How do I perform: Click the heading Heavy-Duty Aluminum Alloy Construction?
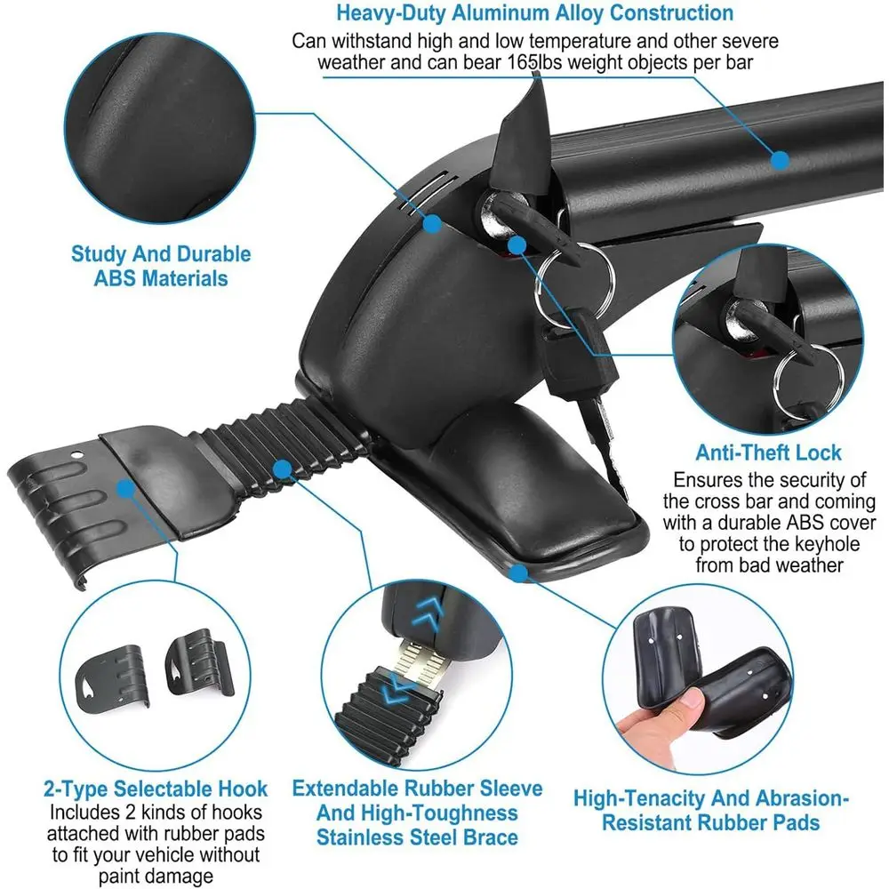[x=534, y=13]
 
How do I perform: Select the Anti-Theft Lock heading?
[x=768, y=453]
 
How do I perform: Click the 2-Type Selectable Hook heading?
[x=156, y=789]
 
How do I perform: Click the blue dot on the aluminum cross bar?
[x=781, y=160]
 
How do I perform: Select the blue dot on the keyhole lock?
[x=517, y=245]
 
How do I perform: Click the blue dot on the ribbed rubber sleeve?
[x=282, y=469]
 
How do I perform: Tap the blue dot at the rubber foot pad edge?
[x=518, y=573]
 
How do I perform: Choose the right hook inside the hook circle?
[x=199, y=662]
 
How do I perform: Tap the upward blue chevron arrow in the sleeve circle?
[x=429, y=614]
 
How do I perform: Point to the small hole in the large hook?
[x=76, y=454]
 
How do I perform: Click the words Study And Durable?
[x=161, y=254]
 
